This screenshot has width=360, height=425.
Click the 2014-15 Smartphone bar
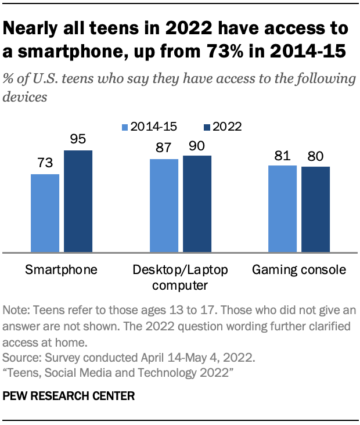pyautogui.click(x=45, y=213)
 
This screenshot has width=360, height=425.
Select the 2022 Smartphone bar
pyautogui.click(x=78, y=201)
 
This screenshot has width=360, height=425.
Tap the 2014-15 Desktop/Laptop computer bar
pyautogui.click(x=164, y=206)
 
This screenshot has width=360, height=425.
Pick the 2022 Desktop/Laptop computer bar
pyautogui.click(x=197, y=204)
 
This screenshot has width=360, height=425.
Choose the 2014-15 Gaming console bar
pyautogui.click(x=282, y=209)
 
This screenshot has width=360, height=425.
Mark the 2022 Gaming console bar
pyautogui.click(x=315, y=210)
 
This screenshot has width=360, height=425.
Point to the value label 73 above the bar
pyautogui.click(x=45, y=165)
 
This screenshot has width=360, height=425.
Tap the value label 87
pyautogui.click(x=164, y=149)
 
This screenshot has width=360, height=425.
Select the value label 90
pyautogui.click(x=197, y=146)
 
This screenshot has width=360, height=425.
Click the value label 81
pyautogui.click(x=282, y=156)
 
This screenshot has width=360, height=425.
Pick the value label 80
pyautogui.click(x=315, y=157)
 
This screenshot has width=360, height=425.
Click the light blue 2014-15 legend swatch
pyautogui.click(x=124, y=127)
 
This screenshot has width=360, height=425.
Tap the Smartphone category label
pyautogui.click(x=61, y=270)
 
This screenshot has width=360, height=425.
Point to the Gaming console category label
pyautogui.click(x=298, y=270)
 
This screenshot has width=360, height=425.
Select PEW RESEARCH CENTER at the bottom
pyautogui.click(x=69, y=397)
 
